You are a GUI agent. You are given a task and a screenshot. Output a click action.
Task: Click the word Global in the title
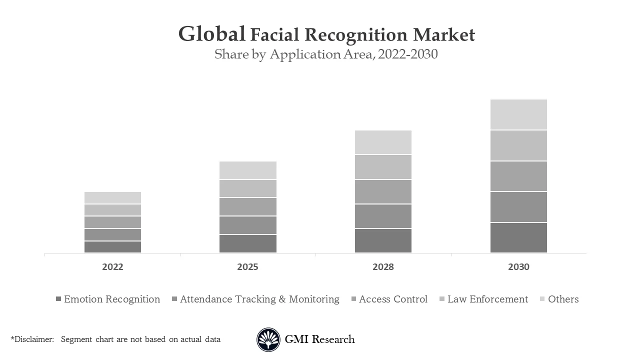pos(211,34)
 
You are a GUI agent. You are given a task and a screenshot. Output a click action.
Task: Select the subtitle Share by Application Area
pos(326,54)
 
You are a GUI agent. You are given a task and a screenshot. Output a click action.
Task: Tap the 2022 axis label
pos(112,267)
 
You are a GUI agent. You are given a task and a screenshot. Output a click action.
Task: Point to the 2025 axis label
pos(247,267)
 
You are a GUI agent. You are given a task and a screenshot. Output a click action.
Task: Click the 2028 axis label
pos(383,267)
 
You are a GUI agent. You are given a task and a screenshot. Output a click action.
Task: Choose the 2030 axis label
pos(518,267)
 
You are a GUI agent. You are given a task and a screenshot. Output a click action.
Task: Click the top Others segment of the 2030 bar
pos(518,114)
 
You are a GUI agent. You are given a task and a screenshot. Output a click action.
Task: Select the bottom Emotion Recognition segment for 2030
pos(518,237)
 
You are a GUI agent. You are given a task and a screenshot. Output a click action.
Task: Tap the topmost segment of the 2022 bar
pos(112,197)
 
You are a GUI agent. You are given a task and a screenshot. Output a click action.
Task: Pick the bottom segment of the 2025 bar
pos(247,243)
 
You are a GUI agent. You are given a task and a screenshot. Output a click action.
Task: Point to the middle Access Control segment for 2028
pos(383,191)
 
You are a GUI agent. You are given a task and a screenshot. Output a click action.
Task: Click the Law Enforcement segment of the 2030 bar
pos(518,145)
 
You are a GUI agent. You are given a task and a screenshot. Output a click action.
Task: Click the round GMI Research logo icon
pos(268,339)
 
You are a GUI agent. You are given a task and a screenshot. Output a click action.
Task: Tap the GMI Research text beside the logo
pos(319,339)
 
